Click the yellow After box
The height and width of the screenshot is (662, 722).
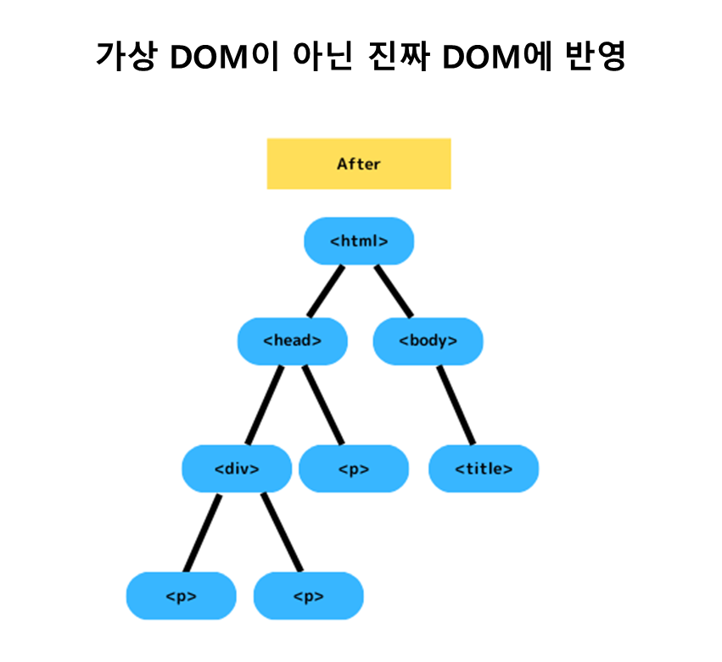pos(359,164)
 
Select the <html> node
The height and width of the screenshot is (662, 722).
pos(359,241)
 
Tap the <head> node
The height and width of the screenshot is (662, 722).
pos(293,341)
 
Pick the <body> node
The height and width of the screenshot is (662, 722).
pos(428,341)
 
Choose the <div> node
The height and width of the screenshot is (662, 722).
pos(237,468)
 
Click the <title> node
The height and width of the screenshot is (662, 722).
pos(484,468)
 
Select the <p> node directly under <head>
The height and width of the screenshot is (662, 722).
pos(354,468)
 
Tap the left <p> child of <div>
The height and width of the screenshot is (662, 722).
pos(182,595)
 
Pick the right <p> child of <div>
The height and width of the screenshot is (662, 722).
pos(308,595)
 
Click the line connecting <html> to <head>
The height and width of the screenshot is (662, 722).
pos(327,291)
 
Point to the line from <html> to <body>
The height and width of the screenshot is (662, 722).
pos(393,291)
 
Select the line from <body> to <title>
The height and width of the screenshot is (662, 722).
pos(456,404)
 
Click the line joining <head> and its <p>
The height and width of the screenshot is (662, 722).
pos(323,404)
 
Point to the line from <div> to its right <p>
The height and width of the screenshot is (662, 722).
pos(282,531)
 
